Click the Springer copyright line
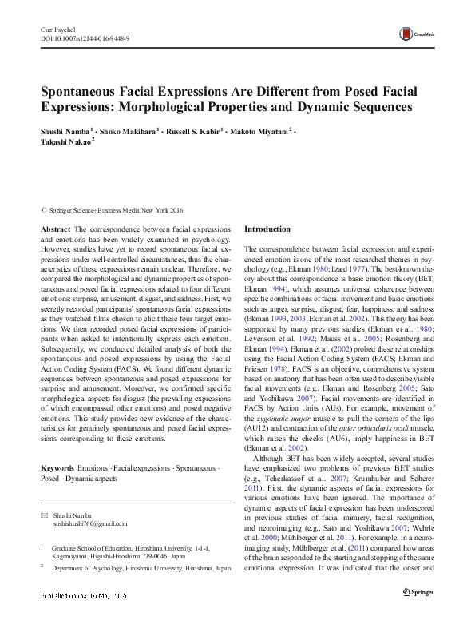pyautogui.click(x=115, y=210)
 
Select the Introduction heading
pyautogui.click(x=267, y=229)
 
